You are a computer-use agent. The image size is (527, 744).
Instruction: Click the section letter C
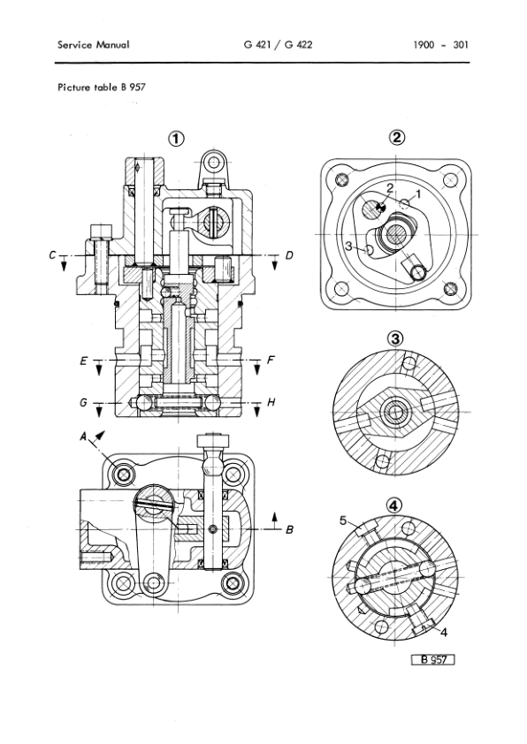[x=55, y=256]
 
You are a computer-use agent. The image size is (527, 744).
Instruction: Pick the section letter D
[x=288, y=256]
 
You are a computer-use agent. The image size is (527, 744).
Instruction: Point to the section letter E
[x=81, y=361]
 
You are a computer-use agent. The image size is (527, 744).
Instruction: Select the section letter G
[x=81, y=403]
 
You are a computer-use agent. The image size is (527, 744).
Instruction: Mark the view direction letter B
[x=288, y=530]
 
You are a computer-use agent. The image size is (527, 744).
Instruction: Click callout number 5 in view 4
[x=342, y=521]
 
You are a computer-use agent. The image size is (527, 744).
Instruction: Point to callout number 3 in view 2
[x=349, y=245]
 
